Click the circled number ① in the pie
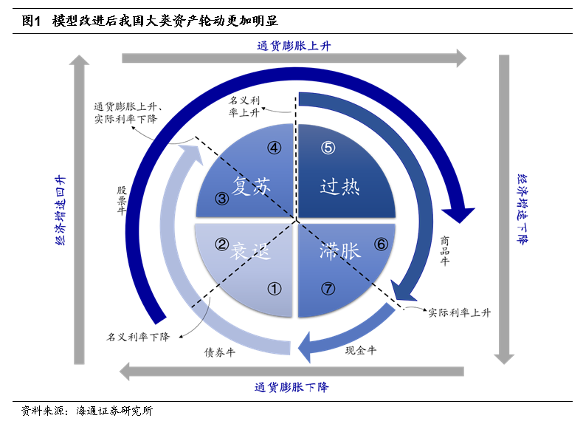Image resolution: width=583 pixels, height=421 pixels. [x=275, y=289]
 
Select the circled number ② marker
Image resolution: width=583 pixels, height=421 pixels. [x=221, y=244]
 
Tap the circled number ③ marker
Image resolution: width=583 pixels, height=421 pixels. [x=222, y=199]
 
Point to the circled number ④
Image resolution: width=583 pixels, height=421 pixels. [x=275, y=148]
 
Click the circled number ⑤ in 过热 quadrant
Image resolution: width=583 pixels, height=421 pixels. [x=328, y=148]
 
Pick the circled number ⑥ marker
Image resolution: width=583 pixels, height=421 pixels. [x=381, y=244]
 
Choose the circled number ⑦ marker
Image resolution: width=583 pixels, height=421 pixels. [x=328, y=289]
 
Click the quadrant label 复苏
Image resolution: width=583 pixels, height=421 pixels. [x=251, y=185]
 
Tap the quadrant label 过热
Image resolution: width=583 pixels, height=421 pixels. [x=339, y=186]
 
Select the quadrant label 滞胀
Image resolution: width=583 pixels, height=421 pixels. [x=339, y=250]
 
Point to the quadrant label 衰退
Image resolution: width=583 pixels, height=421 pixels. [x=250, y=251]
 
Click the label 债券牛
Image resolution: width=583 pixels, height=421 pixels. [x=219, y=352]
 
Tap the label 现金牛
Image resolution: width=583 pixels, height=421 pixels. [x=361, y=350]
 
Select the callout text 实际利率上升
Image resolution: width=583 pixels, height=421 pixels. [x=460, y=312]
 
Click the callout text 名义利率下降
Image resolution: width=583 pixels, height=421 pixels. [x=138, y=337]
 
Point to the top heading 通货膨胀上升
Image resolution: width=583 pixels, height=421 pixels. [x=294, y=46]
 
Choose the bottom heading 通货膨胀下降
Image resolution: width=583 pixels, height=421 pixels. [x=291, y=387]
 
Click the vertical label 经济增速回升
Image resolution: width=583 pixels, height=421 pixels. [x=61, y=210]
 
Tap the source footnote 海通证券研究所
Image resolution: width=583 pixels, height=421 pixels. [x=114, y=411]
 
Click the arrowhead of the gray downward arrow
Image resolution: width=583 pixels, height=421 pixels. [x=504, y=358]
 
